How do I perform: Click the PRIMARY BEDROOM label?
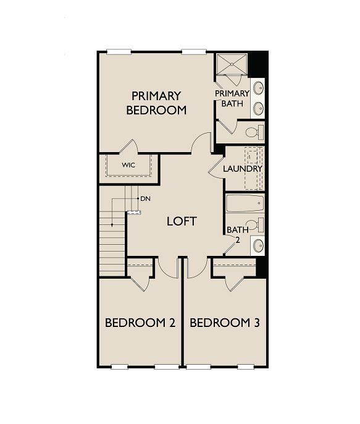click(156, 103)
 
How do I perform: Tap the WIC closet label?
click(128, 165)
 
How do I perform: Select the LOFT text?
click(182, 221)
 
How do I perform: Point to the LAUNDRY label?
click(243, 169)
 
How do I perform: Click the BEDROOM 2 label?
click(140, 323)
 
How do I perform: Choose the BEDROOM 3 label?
click(225, 323)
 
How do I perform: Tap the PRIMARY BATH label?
click(232, 98)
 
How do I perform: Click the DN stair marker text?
click(146, 198)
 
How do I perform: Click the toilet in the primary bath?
click(254, 132)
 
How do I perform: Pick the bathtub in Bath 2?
click(245, 203)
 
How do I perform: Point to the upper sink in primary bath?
click(259, 87)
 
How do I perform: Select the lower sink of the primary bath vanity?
click(259, 108)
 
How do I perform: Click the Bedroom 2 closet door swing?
click(140, 281)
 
